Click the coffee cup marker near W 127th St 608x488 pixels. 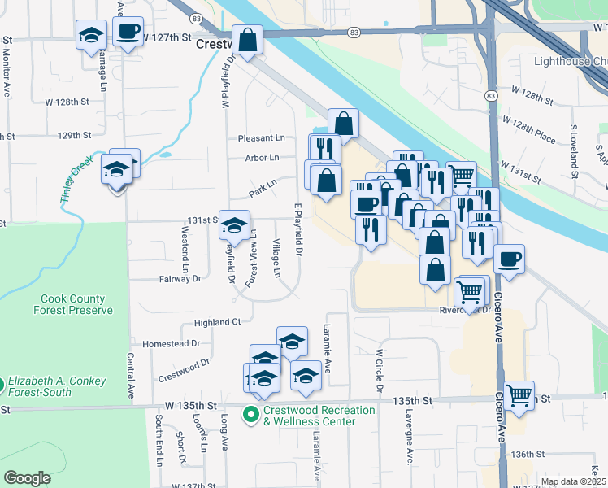point(128,32)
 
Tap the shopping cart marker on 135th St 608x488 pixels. point(519,396)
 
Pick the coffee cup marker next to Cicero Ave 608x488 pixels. point(509,259)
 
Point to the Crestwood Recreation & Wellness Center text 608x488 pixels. point(319,416)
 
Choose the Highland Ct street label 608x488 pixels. point(217,322)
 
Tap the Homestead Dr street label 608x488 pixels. point(165,344)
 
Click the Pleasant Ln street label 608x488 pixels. point(262,138)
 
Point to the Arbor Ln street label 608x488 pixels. point(262,158)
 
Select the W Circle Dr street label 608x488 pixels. point(379,370)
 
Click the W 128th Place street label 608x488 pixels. point(528,129)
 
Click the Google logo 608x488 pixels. point(28,478)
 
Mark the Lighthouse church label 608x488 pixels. point(569,61)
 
